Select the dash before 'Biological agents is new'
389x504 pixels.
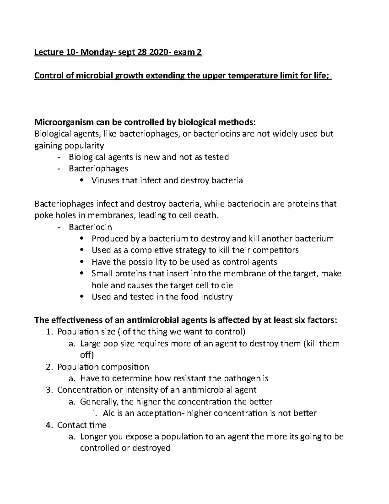point(58,157)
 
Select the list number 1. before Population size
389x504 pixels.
point(49,332)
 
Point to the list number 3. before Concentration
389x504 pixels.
point(49,390)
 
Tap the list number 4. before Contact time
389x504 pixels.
point(49,425)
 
